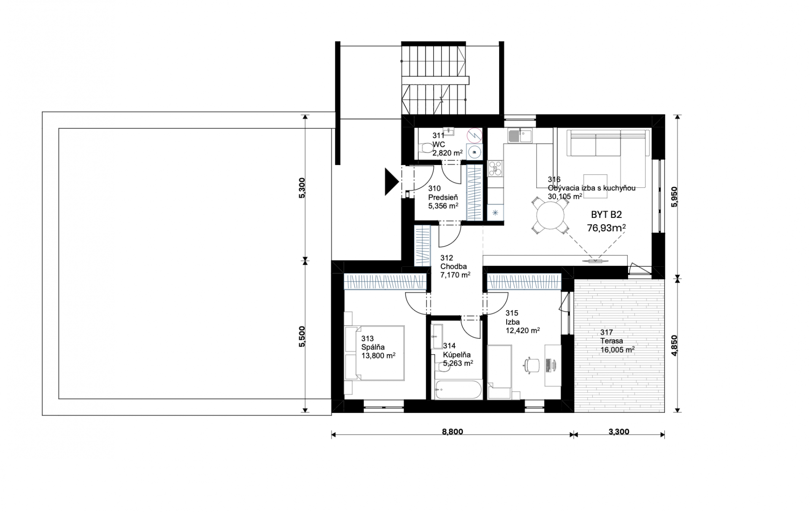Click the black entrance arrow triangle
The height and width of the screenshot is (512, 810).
click(x=391, y=182)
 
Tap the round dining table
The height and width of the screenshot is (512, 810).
click(x=550, y=215)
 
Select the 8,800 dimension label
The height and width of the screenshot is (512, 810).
click(x=452, y=431)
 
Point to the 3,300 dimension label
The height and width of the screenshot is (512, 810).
click(x=619, y=431)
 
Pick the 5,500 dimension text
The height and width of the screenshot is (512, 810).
click(x=302, y=336)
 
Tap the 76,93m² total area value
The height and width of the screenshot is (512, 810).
click(x=606, y=228)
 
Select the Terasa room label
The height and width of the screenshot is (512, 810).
click(x=612, y=341)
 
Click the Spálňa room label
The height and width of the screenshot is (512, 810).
click(x=373, y=347)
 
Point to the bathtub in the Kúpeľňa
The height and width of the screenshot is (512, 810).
click(x=457, y=390)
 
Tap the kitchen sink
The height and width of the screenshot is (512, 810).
click(x=520, y=136)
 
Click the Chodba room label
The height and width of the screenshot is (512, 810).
click(x=454, y=266)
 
